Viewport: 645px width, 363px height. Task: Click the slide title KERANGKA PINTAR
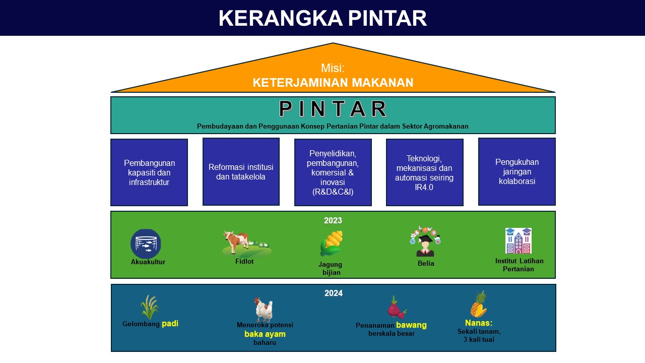[322, 18]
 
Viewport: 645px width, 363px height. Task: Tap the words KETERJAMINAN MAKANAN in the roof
[333, 83]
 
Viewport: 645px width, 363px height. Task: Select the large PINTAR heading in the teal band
[333, 108]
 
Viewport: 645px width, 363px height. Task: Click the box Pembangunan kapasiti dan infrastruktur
[149, 172]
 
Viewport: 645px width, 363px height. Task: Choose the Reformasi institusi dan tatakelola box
[241, 172]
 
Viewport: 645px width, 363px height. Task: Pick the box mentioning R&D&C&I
[333, 172]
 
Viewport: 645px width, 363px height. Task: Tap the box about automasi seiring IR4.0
[425, 172]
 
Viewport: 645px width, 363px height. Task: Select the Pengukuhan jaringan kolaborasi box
[517, 172]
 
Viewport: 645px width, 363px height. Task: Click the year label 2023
[333, 220]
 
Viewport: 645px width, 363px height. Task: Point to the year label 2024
[334, 293]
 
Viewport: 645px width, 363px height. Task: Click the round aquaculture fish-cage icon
[146, 244]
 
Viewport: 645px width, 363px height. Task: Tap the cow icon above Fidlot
[246, 244]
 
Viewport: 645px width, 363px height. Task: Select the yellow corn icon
[332, 244]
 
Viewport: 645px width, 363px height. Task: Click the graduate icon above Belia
[425, 241]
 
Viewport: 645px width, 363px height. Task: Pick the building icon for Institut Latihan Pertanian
[519, 241]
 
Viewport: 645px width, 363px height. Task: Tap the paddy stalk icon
[150, 307]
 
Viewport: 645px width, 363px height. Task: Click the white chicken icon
[264, 310]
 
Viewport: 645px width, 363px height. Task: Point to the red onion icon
[397, 307]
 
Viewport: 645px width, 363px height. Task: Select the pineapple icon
[479, 304]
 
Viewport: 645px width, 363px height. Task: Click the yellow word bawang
[411, 325]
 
